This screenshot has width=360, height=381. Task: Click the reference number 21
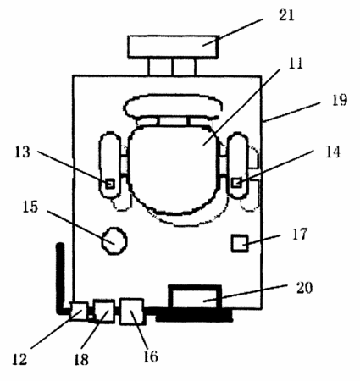pos(286,15)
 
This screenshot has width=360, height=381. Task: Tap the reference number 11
pos(296,63)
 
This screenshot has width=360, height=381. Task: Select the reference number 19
pos(340,100)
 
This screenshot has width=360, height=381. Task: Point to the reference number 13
pos(22,152)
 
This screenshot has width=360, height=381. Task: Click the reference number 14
pos(333,152)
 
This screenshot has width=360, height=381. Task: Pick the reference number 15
pos(30,207)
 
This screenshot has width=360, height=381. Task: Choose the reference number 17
pos(299,234)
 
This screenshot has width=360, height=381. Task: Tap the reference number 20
pos(304,288)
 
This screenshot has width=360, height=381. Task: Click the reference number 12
pos(19,359)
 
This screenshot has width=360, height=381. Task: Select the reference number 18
pos(81,359)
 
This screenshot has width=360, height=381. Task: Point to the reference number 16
pos(151,356)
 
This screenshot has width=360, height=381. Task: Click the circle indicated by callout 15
pos(114,241)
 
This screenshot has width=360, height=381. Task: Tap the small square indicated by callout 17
pos(240,243)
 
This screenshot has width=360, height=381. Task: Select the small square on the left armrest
pos(110,184)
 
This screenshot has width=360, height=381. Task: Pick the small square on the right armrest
pos(236,183)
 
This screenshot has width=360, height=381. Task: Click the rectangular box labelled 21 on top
pos(174,47)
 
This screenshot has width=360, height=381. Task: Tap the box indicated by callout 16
pos(131,312)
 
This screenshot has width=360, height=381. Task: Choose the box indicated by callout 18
pos(104,312)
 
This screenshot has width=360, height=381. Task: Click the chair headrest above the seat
pos(173,107)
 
